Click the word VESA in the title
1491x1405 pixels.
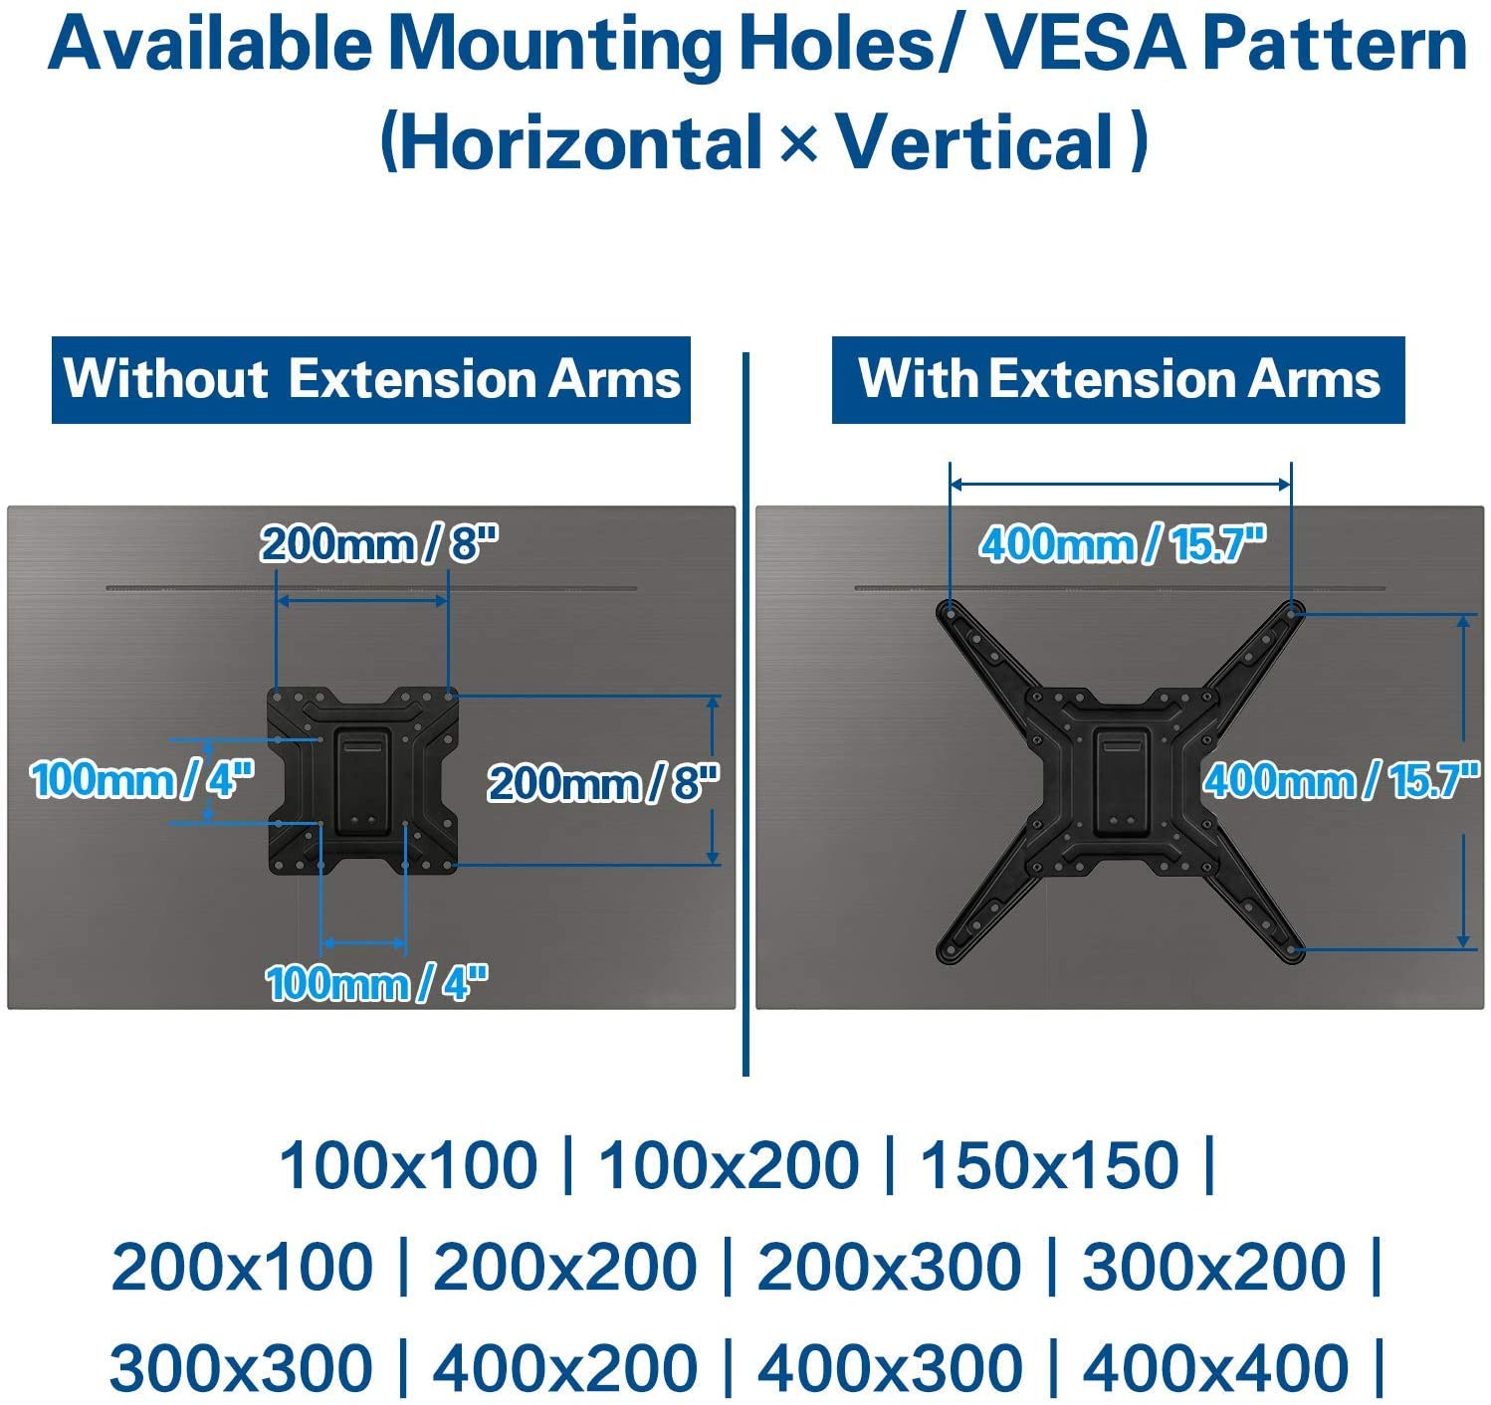(x=1083, y=46)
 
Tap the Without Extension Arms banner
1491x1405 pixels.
(x=371, y=380)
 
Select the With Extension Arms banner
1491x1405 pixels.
(x=1118, y=380)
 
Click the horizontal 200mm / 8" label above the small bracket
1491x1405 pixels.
(x=379, y=543)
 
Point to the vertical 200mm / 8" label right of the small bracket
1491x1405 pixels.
(x=603, y=783)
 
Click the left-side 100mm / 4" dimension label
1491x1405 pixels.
(x=142, y=779)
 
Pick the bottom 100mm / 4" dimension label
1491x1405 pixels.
(x=377, y=983)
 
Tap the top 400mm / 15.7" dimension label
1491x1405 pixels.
(x=1123, y=543)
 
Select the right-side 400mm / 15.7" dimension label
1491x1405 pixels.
(x=1341, y=780)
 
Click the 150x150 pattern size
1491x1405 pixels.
(x=1049, y=1165)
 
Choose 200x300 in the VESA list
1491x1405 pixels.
(x=888, y=1267)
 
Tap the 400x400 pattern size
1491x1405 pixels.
(x=1215, y=1367)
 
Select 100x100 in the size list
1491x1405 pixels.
(x=408, y=1165)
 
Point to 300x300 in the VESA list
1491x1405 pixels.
(x=242, y=1367)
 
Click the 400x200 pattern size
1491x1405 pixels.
(x=565, y=1367)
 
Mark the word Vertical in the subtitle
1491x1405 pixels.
(x=974, y=142)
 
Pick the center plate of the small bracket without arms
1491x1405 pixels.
(x=363, y=782)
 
